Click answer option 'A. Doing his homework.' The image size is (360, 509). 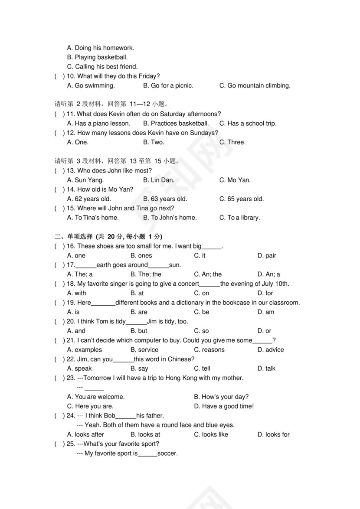101,48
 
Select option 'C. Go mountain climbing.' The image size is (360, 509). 255,85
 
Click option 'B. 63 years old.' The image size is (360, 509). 165,199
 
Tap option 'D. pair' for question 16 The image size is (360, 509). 266,255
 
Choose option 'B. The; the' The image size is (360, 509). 146,274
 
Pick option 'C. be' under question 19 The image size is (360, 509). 201,312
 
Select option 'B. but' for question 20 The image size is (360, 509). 139,331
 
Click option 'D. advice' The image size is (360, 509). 270,349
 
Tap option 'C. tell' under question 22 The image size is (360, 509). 202,369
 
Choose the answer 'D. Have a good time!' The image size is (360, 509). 223,406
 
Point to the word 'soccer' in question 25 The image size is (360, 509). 167,454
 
